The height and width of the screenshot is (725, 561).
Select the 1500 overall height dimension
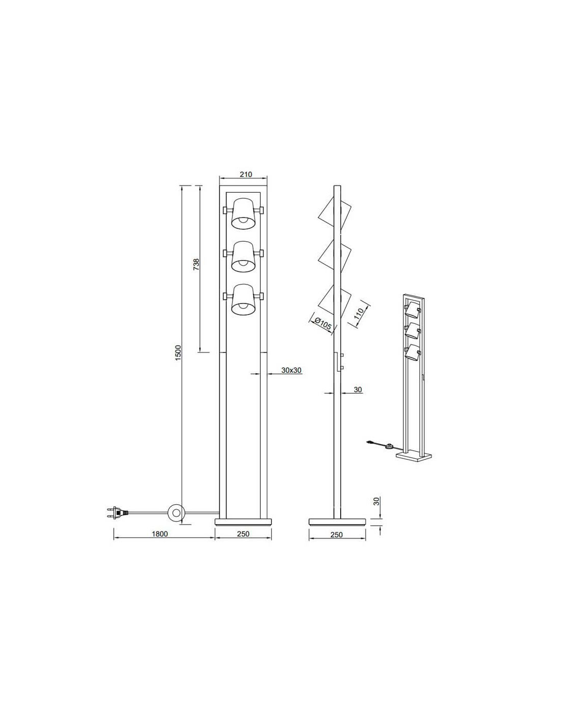tap(178, 352)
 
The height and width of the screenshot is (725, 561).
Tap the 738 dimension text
tap(196, 264)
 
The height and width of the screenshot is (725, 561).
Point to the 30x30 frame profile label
tap(291, 370)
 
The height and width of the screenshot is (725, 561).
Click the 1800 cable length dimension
tap(160, 533)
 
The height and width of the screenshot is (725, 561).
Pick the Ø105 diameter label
tap(323, 323)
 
